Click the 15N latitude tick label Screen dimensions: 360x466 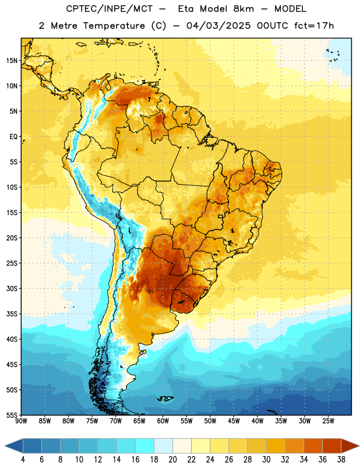pyautogui.click(x=12, y=61)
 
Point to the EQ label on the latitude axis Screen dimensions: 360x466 pyautogui.click(x=13, y=137)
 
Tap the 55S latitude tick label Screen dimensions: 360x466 pyautogui.click(x=12, y=415)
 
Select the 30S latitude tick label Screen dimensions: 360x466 pyautogui.click(x=12, y=288)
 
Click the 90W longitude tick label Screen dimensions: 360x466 pyautogui.click(x=21, y=421)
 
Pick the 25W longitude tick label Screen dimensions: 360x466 pyautogui.click(x=328, y=421)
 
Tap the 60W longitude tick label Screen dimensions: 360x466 pyautogui.click(x=163, y=421)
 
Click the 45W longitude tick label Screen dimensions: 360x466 pyautogui.click(x=234, y=421)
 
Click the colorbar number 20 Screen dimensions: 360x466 pyautogui.click(x=172, y=460)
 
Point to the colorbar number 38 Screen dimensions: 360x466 pyautogui.click(x=341, y=460)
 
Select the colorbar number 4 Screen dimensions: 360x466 pyautogui.click(x=23, y=460)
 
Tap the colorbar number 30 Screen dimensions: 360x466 pyautogui.click(x=266, y=460)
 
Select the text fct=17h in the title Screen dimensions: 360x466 pyautogui.click(x=314, y=26)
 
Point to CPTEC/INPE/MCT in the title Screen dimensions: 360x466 pyautogui.click(x=109, y=9)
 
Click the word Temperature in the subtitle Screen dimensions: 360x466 pyautogui.click(x=114, y=26)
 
